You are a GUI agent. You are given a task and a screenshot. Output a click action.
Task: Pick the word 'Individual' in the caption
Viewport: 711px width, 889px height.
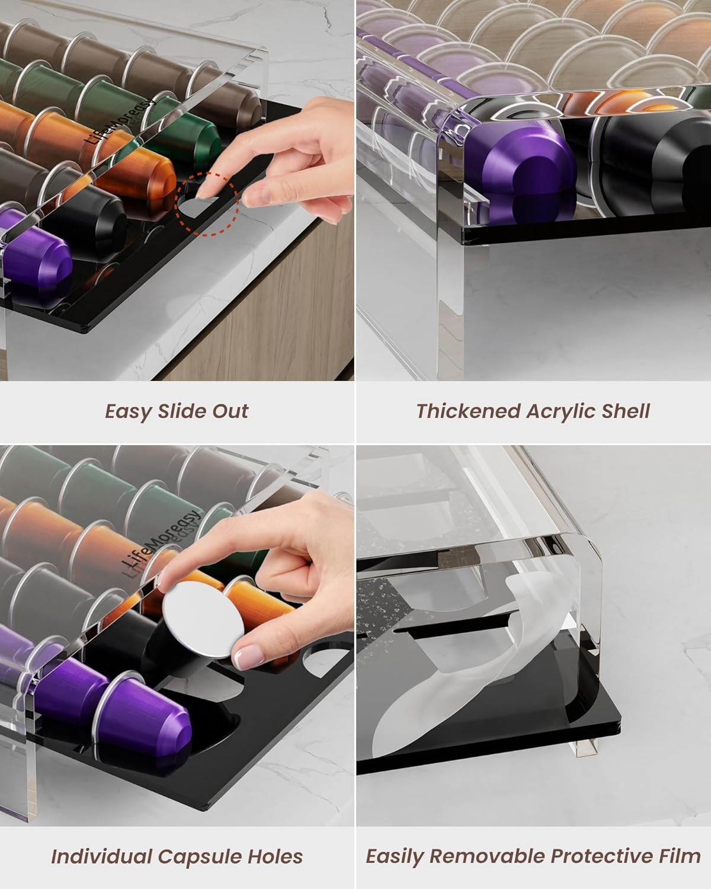tap(100, 856)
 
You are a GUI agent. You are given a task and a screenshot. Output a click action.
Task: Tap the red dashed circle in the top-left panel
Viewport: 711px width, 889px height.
tap(208, 204)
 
